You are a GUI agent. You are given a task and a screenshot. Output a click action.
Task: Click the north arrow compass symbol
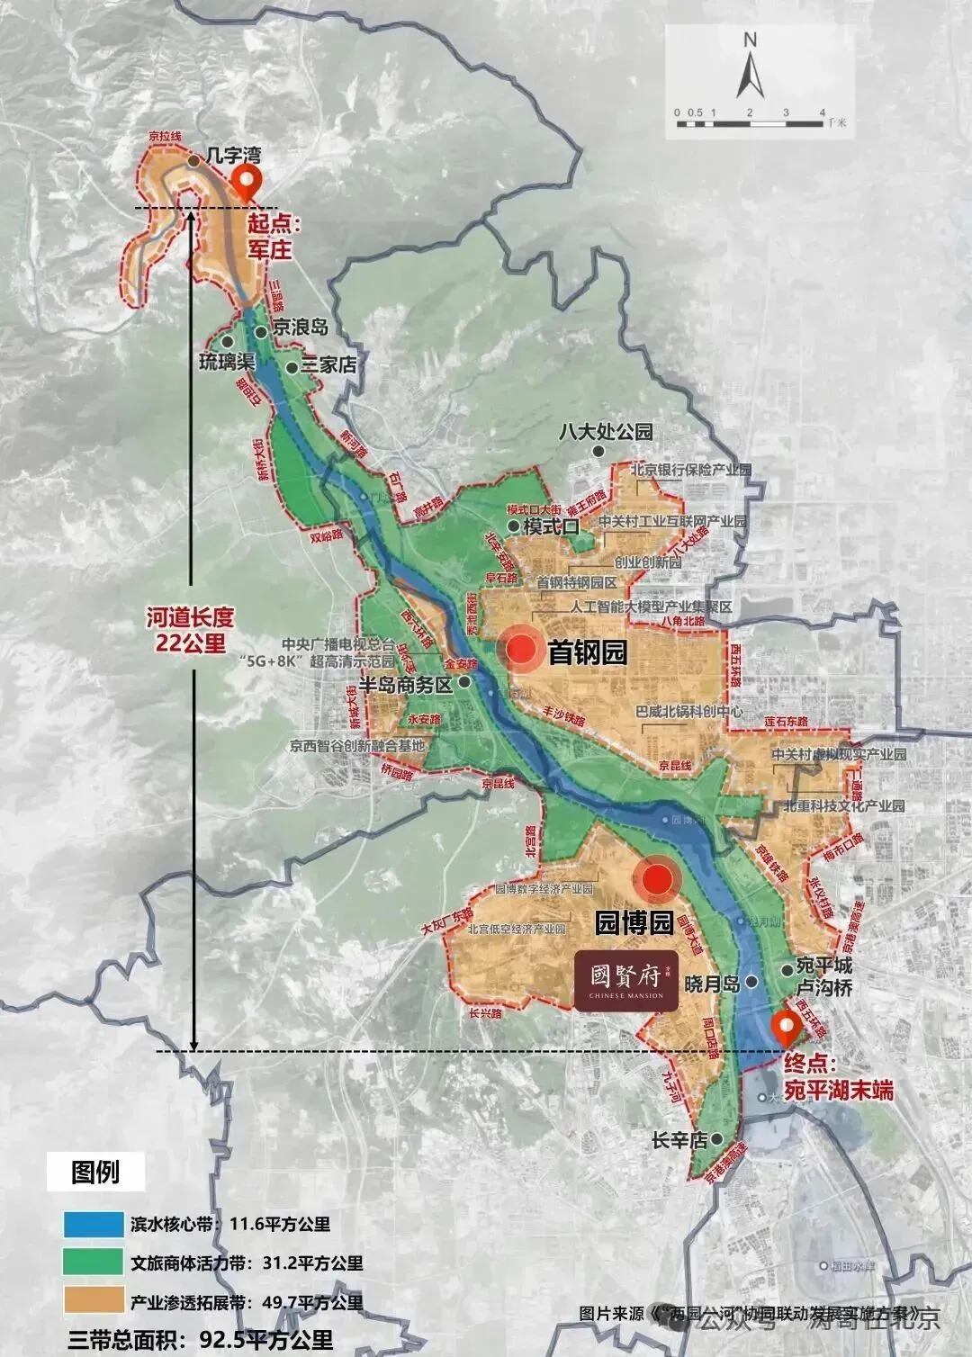click(750, 65)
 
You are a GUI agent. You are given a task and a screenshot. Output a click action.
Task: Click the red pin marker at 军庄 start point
click(246, 183)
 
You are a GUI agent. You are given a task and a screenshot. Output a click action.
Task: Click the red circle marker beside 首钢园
click(522, 650)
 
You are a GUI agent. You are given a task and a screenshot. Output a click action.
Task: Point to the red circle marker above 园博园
click(659, 879)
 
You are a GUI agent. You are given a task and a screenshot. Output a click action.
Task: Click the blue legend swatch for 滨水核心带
click(93, 1224)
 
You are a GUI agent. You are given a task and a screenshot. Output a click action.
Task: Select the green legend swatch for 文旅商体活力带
click(93, 1263)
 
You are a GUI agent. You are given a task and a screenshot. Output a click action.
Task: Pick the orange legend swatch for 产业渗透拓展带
click(93, 1301)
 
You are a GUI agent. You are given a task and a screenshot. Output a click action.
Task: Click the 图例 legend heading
click(95, 1173)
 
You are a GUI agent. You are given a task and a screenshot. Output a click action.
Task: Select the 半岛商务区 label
click(405, 684)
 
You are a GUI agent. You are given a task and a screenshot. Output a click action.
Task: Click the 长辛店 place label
click(679, 1141)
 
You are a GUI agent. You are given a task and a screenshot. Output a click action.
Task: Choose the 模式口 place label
click(551, 526)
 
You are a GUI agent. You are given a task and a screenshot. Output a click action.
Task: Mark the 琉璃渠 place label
click(228, 363)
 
